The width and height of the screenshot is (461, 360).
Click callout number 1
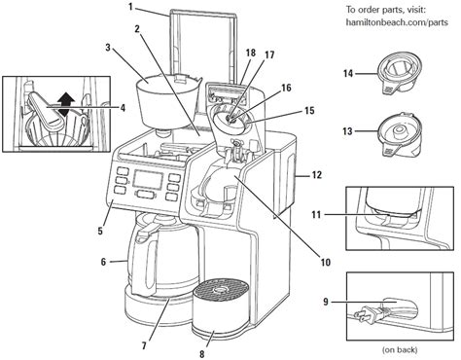(129, 9)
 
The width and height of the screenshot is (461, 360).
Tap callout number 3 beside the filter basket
(109, 46)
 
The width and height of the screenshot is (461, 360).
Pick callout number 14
(346, 73)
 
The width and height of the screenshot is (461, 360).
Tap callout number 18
(223, 52)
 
